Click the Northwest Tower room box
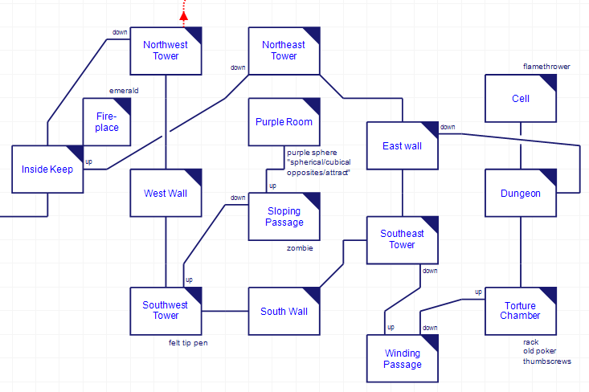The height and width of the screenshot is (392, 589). pos(166,51)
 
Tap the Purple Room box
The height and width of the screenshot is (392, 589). pos(284,122)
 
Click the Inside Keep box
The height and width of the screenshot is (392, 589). pos(47,169)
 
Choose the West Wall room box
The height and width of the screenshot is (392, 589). pos(166,194)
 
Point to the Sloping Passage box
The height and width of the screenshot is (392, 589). pos(284,216)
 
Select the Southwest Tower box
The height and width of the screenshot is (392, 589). pos(166,311)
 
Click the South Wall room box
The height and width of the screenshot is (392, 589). pos(284,311)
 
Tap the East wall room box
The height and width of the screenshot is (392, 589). pos(402,146)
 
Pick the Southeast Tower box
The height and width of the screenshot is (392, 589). pos(402,239)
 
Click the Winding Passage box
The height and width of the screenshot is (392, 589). pos(402,358)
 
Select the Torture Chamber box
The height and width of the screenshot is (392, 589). pos(521,311)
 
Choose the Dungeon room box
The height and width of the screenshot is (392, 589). pos(521,194)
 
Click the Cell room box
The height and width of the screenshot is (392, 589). pos(521,99)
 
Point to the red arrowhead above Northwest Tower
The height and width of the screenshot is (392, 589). pos(184,14)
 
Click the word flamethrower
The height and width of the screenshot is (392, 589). pos(546,67)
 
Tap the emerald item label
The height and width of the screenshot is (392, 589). pos(124,91)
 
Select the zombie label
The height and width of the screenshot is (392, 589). pos(300,248)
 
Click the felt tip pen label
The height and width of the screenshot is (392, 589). pos(189,343)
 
